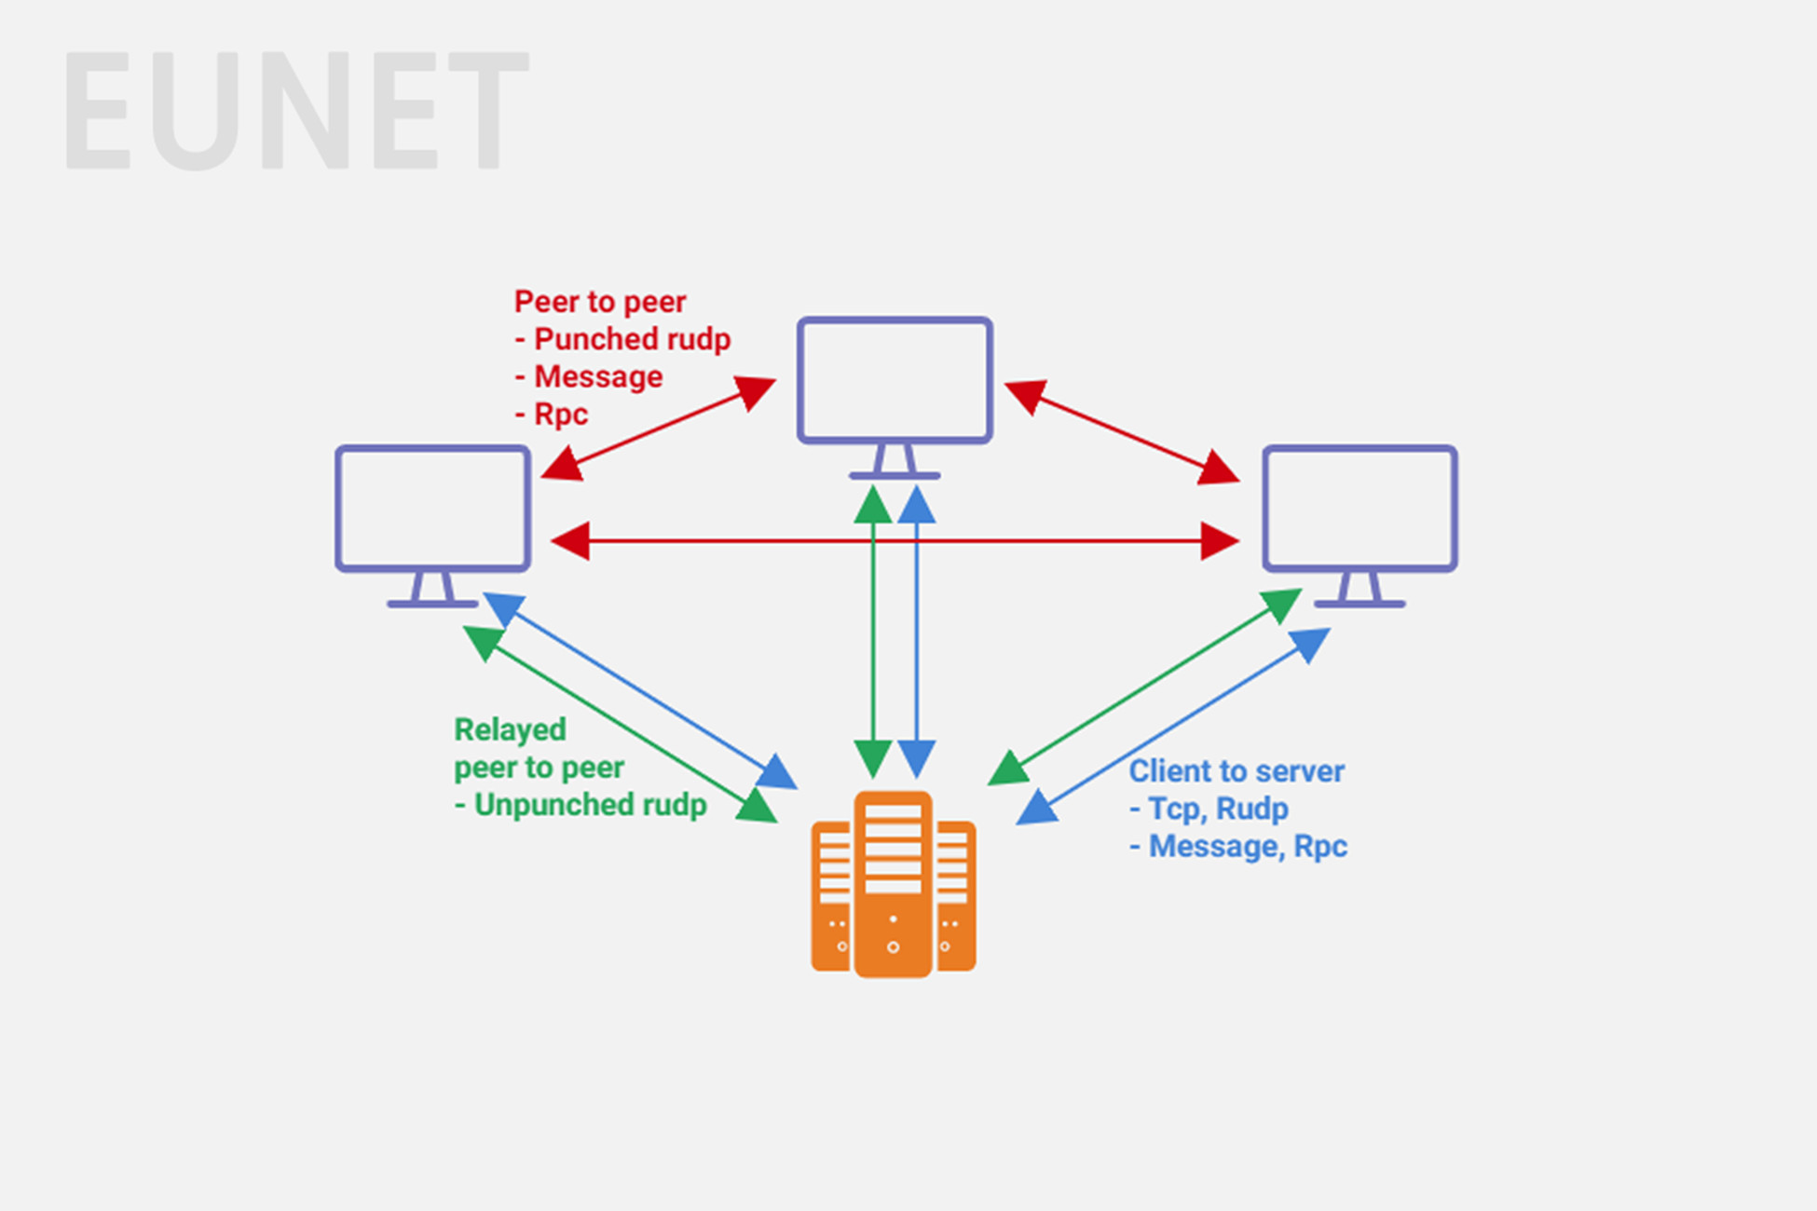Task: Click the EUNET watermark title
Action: pos(295,112)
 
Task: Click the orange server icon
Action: pos(893,885)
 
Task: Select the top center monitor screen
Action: pos(895,379)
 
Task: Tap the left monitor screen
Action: pos(433,508)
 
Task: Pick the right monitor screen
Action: pos(1359,508)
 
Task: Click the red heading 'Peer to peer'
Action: pos(600,302)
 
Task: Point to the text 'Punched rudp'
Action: pos(632,339)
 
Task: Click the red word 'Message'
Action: pos(598,376)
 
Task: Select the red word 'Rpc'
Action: pos(560,414)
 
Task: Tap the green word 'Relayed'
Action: pos(510,729)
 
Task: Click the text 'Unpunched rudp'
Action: pos(590,805)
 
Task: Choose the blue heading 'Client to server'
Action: pos(1236,771)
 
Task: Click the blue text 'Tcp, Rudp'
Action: pos(1218,809)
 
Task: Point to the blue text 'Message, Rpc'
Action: pos(1248,846)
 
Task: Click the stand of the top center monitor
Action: pos(895,461)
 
